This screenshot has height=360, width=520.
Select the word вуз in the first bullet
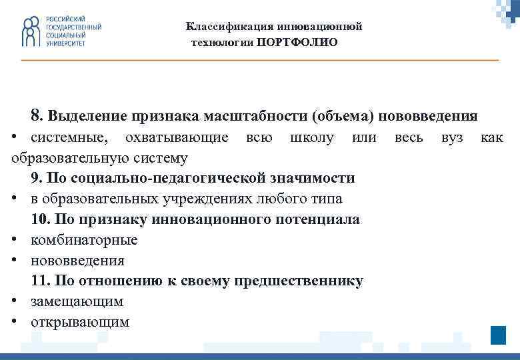pyautogui.click(x=451, y=137)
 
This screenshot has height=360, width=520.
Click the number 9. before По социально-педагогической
pyautogui.click(x=37, y=178)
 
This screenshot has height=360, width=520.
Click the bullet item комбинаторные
pyautogui.click(x=84, y=240)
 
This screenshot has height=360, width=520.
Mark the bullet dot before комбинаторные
pyautogui.click(x=15, y=240)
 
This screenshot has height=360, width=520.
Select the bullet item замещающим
pyautogui.click(x=77, y=301)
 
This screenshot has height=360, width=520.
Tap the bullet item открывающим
pyautogui.click(x=80, y=322)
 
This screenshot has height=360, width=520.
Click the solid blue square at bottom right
pyautogui.click(x=498, y=335)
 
